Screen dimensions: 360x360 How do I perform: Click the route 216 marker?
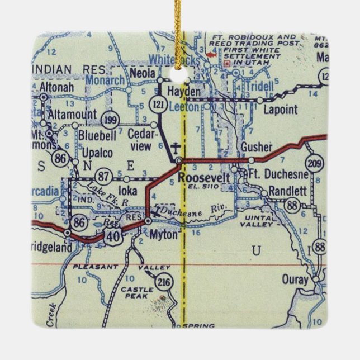tap(163, 281)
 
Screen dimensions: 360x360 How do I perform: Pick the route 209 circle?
tap(314, 164)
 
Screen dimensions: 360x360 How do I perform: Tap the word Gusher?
tap(257, 147)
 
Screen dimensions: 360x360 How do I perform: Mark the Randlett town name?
tap(288, 191)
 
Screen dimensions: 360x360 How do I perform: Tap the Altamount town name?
tap(71, 113)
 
